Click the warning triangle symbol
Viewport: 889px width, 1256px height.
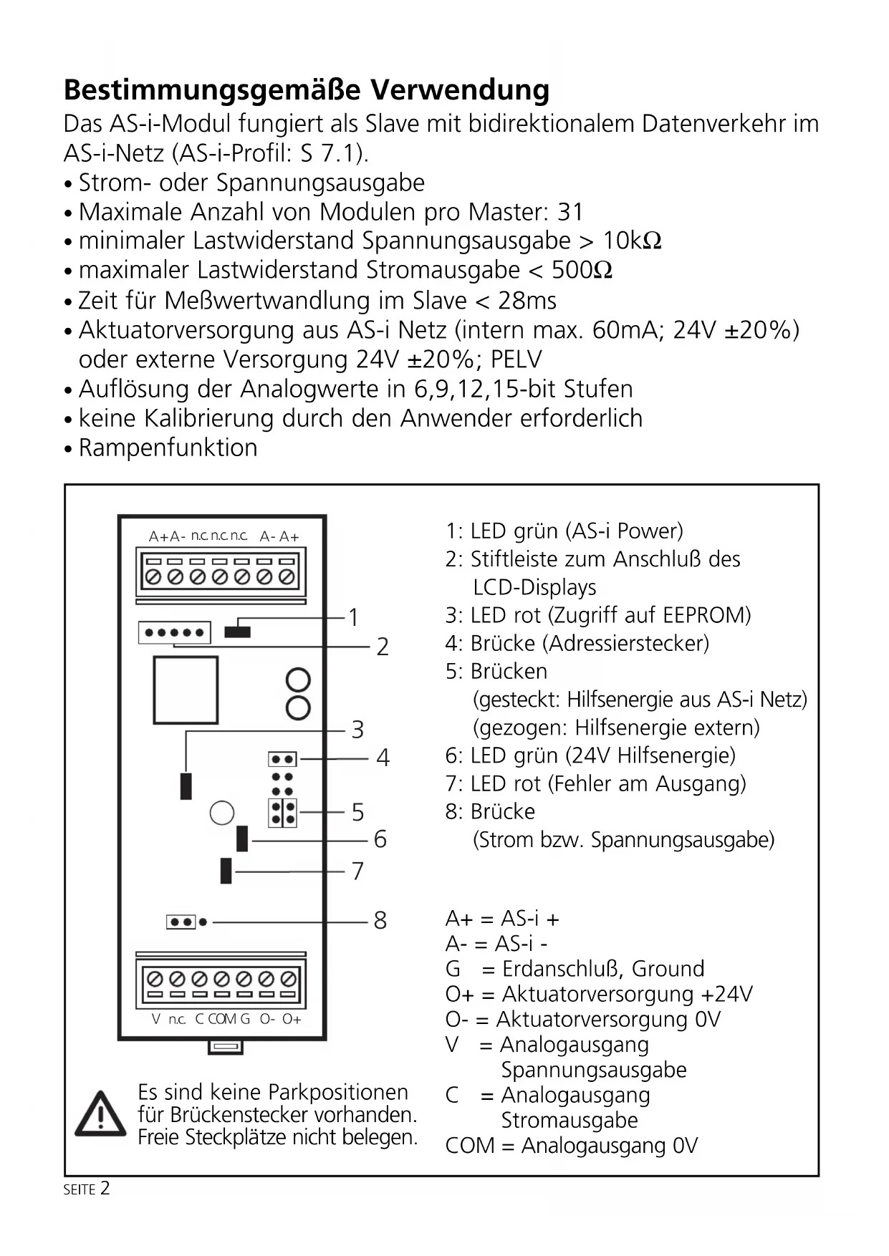click(100, 1114)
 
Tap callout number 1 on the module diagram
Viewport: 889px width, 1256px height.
click(353, 617)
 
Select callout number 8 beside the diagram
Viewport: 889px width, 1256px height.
click(380, 921)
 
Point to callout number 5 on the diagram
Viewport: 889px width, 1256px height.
click(357, 813)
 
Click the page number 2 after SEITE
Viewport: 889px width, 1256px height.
click(105, 1189)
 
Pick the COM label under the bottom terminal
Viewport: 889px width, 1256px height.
click(222, 1019)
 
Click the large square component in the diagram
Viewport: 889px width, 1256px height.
click(186, 690)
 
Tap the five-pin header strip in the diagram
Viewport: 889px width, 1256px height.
click(175, 632)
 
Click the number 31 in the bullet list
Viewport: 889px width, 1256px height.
click(570, 213)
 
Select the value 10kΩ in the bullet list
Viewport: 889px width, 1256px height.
click(631, 241)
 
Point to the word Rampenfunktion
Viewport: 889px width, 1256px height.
click(168, 448)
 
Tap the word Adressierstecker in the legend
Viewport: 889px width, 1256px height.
click(625, 644)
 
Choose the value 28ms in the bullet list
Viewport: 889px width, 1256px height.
click(527, 301)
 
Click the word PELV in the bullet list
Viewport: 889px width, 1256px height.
click(516, 359)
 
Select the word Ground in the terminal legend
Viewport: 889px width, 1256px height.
click(668, 969)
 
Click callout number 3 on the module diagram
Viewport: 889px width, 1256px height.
click(357, 730)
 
